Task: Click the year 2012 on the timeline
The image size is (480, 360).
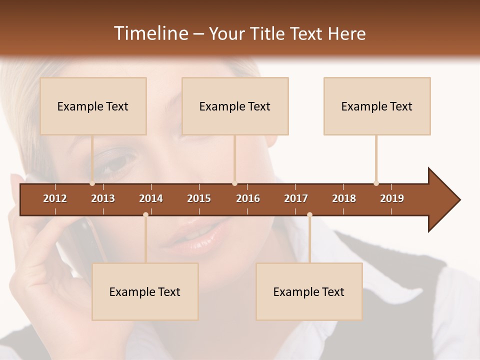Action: point(55,198)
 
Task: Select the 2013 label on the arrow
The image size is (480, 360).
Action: point(103,198)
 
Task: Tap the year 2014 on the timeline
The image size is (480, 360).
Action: point(151,198)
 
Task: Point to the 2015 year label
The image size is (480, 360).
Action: point(199,198)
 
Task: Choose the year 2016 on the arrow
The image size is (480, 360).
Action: point(248,198)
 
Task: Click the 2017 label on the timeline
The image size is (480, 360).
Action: point(296,198)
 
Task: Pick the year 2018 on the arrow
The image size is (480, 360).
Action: point(344,198)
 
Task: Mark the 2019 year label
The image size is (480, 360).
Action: point(392,198)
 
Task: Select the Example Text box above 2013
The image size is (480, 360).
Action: point(93,106)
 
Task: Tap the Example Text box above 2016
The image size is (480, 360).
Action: point(235,106)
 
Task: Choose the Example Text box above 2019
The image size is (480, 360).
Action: point(377,106)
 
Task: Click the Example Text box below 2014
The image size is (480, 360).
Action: point(145,291)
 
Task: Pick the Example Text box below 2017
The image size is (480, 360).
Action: point(309,291)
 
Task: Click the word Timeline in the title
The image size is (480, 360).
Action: point(150,33)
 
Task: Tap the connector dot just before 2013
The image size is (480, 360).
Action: point(92,183)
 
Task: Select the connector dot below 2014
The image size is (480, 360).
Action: point(145,215)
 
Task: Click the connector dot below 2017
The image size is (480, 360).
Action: point(309,215)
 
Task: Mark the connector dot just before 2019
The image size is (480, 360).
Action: point(376,183)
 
